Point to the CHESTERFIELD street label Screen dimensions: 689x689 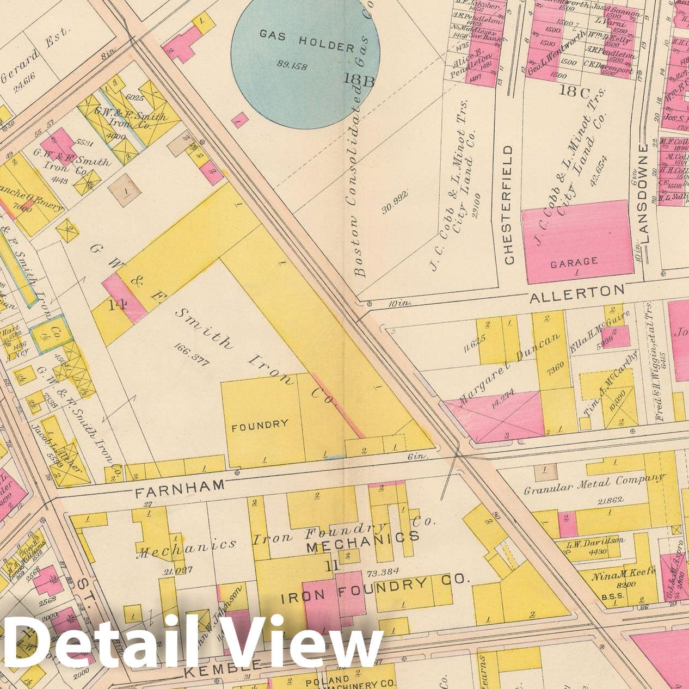[509, 205]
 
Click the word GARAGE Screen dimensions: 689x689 [574, 263]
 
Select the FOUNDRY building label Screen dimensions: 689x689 [260, 425]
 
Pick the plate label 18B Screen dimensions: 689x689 [359, 80]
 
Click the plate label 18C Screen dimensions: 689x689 [577, 91]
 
